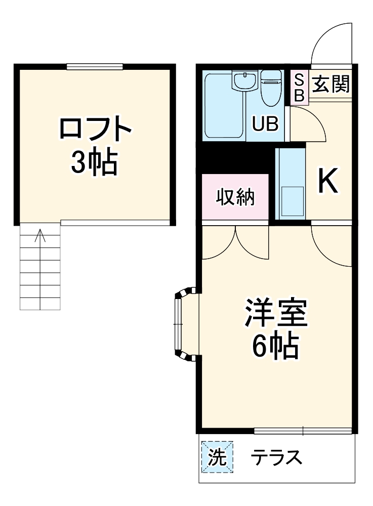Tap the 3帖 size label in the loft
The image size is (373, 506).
click(95, 162)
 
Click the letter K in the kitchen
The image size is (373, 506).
click(327, 181)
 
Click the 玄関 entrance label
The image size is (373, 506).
click(330, 83)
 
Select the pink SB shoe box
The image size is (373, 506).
click(300, 88)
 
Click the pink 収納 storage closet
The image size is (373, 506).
click(235, 197)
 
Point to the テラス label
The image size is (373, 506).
click(277, 458)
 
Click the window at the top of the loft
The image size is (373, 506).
click(95, 66)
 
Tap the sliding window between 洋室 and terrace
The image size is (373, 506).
click(303, 431)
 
